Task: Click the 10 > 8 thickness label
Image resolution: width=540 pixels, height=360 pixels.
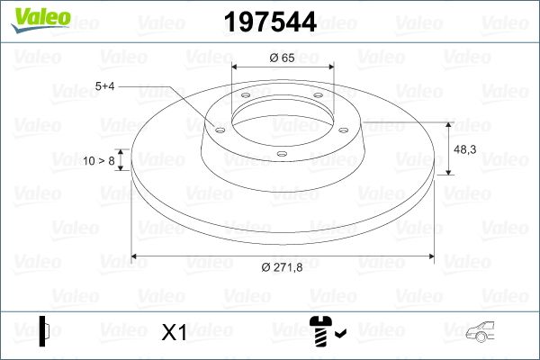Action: click(99, 161)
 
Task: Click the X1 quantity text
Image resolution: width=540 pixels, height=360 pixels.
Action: click(174, 333)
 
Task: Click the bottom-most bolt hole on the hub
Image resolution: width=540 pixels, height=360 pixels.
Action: click(281, 154)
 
